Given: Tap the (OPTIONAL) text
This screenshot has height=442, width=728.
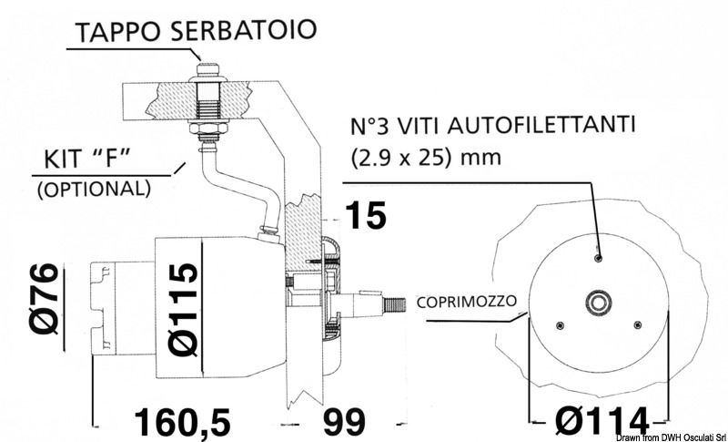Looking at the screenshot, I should (91, 189).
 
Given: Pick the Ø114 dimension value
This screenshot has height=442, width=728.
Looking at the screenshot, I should (596, 420).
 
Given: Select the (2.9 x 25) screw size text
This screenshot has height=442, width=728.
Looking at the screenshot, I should (404, 155).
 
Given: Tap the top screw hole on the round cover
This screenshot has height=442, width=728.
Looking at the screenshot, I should (597, 258).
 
